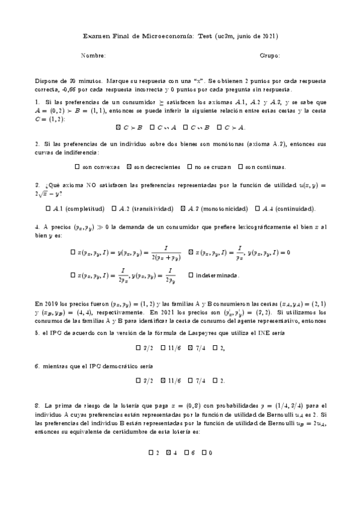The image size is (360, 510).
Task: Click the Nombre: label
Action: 93,56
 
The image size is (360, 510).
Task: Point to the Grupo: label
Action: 270,56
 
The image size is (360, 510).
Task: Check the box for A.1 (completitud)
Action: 48,209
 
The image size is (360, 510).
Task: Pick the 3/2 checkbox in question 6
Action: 139,381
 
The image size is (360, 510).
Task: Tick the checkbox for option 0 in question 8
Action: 204,452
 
